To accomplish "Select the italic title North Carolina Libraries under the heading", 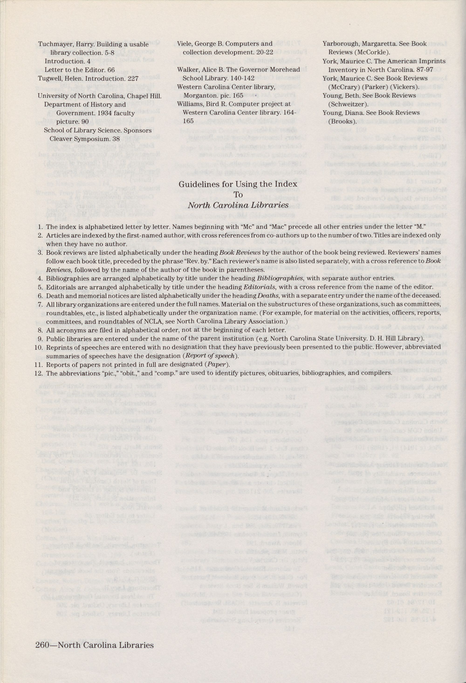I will click(238, 205).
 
